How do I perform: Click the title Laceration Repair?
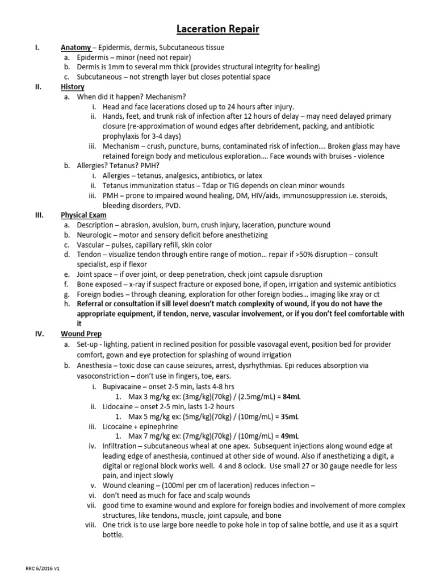(217, 29)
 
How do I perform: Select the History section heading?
(73, 87)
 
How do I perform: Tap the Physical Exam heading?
(83, 215)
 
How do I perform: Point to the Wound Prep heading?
(81, 334)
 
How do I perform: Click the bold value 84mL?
(291, 396)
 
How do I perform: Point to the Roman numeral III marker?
(39, 215)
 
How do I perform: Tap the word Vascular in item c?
(91, 244)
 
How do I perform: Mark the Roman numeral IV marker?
(39, 334)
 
